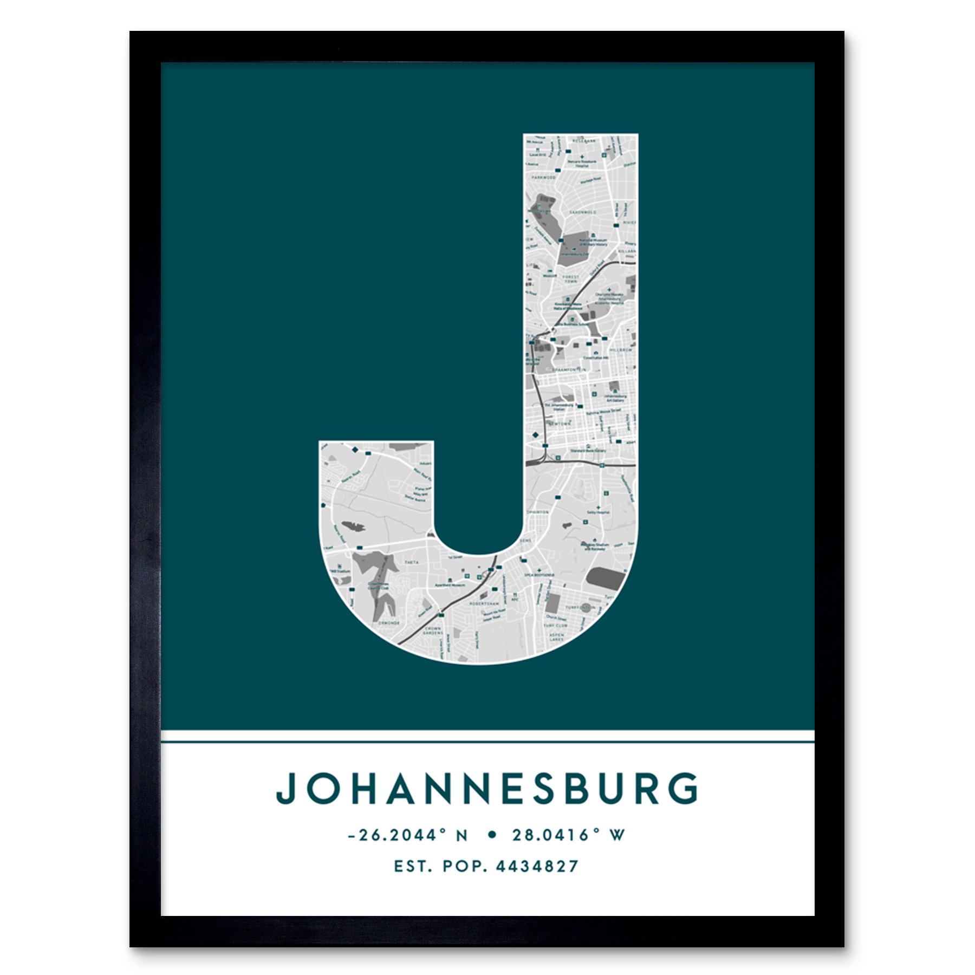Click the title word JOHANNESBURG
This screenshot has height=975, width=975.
tap(487, 789)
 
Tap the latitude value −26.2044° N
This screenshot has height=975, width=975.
tap(407, 835)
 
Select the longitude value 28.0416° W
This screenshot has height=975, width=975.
tap(568, 835)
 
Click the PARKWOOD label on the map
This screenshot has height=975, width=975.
tap(543, 177)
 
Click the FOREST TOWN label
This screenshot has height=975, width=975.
tap(571, 279)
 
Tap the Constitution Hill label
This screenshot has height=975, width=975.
tap(596, 358)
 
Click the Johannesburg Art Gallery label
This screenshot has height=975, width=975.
tap(615, 398)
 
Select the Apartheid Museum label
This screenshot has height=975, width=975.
tap(450, 586)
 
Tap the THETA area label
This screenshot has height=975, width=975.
tap(412, 562)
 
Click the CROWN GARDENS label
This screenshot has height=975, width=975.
tap(432, 630)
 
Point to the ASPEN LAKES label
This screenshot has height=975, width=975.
tap(556, 637)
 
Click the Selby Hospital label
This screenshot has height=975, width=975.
tap(598, 512)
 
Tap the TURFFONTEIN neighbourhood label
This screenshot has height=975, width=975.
tap(580, 607)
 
